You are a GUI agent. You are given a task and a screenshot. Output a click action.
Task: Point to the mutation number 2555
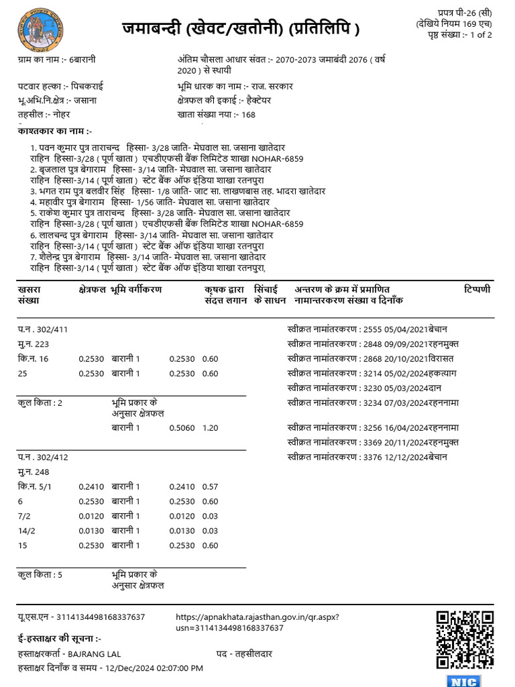click(x=372, y=329)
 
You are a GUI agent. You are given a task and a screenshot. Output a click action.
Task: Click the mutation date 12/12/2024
click(x=405, y=456)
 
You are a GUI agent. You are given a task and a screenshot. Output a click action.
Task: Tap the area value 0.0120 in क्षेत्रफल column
click(x=91, y=516)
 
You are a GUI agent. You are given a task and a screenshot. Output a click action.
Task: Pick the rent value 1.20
click(x=210, y=427)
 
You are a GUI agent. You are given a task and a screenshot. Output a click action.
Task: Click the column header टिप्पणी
click(x=477, y=289)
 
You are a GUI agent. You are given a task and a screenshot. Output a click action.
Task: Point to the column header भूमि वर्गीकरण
click(x=137, y=289)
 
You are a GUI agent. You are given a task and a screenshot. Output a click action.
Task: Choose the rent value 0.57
click(x=210, y=486)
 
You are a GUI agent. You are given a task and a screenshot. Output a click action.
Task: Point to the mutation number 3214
click(x=372, y=373)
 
